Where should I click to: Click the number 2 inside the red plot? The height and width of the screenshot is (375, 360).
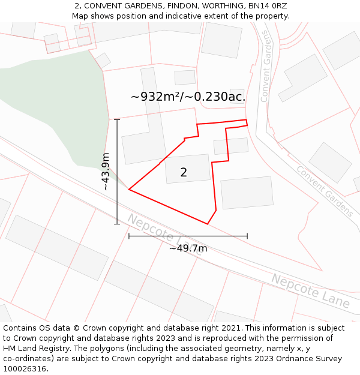point(184,173)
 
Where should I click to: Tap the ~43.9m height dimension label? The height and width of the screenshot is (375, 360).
point(106,172)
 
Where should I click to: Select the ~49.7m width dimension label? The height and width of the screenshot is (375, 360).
point(188,248)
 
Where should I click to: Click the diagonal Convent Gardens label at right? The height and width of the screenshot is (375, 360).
point(325,191)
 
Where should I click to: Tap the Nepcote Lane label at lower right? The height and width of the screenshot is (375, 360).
point(310,290)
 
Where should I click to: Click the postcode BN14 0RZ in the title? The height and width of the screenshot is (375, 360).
point(266,6)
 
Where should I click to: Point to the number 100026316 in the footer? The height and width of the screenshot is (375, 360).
point(25,369)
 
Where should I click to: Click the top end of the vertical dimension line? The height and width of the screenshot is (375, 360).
point(117,119)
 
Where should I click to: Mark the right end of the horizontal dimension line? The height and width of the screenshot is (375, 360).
point(247,236)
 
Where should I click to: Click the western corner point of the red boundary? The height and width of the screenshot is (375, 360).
point(129,190)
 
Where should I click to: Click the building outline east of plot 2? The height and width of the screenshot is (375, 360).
point(247,193)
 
